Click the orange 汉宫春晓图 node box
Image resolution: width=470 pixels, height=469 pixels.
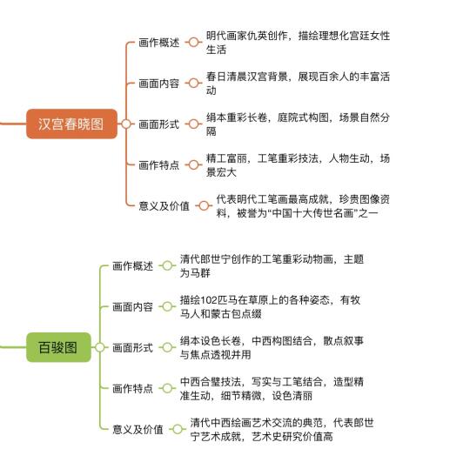[x=71, y=124]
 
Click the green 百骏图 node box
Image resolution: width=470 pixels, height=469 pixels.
[x=59, y=347]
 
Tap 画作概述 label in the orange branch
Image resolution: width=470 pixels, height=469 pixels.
[x=159, y=43]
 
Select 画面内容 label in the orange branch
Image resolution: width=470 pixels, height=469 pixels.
[x=159, y=84]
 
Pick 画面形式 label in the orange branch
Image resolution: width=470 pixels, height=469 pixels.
[x=159, y=124]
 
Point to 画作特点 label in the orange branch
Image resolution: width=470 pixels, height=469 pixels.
[x=159, y=164]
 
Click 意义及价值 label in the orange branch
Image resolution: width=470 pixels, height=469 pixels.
[x=164, y=206]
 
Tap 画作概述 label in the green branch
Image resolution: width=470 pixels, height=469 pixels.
[x=132, y=265]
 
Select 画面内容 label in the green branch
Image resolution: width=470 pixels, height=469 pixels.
[x=132, y=307]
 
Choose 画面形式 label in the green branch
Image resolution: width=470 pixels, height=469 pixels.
[x=132, y=348]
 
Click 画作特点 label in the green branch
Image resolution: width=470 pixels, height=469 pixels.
[x=132, y=389]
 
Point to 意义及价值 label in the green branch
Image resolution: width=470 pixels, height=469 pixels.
[x=138, y=430]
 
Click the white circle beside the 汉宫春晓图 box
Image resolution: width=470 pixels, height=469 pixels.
[x=126, y=124]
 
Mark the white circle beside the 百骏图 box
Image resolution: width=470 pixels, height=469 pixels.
[x=100, y=347]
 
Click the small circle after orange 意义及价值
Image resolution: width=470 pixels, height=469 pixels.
[x=204, y=205]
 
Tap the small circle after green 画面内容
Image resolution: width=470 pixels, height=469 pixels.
[x=167, y=306]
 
